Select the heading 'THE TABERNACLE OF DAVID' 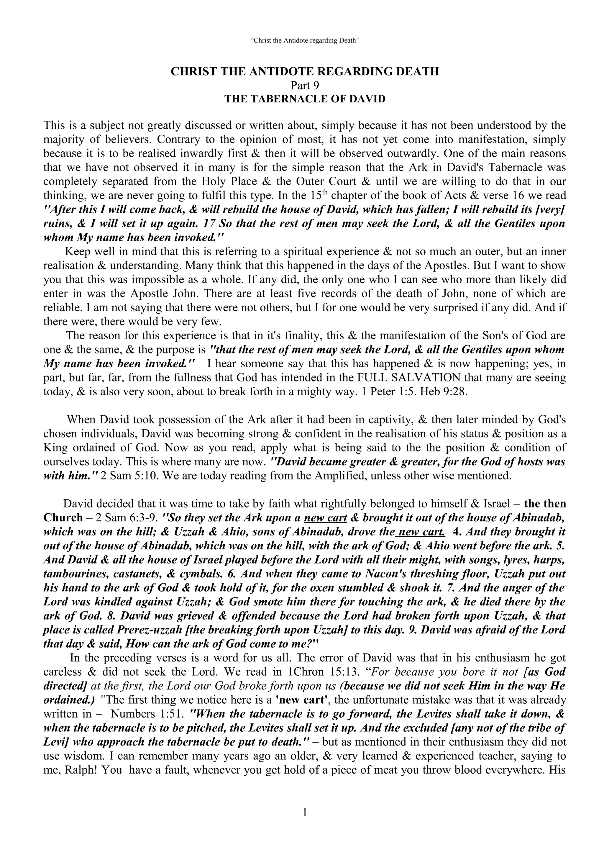coord(305,99)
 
